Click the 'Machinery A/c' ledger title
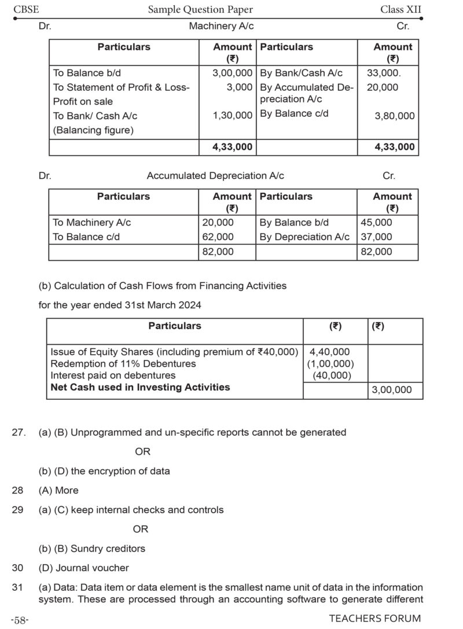[221, 26]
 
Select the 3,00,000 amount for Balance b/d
[233, 73]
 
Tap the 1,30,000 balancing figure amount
[233, 116]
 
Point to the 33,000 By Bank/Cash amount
[384, 73]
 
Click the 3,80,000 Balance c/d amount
[395, 116]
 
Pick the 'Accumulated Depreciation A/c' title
[215, 176]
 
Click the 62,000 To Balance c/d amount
[218, 237]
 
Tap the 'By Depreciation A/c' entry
[304, 237]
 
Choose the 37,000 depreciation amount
[376, 237]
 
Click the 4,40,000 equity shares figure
[330, 352]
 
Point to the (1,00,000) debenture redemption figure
[330, 363]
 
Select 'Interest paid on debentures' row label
[113, 376]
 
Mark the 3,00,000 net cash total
[392, 390]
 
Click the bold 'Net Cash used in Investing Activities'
[140, 387]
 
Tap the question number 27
[19, 432]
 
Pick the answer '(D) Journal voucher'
[84, 568]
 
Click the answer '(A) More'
[58, 490]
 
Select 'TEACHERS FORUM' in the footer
[375, 618]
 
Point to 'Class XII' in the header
[401, 9]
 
